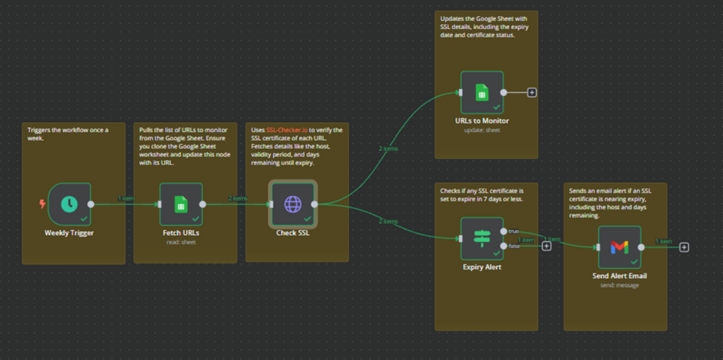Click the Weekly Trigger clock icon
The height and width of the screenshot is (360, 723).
tap(69, 204)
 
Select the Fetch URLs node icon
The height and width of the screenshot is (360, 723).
tap(181, 204)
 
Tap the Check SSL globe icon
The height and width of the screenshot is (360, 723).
tap(292, 204)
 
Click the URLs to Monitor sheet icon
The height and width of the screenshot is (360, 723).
tap(482, 92)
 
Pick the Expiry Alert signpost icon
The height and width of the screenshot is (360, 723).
tap(482, 238)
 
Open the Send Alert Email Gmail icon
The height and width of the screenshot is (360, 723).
tap(619, 246)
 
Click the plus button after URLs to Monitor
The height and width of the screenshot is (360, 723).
tap(532, 92)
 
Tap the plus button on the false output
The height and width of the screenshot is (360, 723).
tap(546, 246)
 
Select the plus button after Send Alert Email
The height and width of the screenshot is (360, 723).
tap(684, 247)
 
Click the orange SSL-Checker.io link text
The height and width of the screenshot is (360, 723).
tap(287, 130)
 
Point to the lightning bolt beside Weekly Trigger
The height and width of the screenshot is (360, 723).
tap(42, 205)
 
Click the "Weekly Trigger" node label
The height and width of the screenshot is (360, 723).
tap(69, 232)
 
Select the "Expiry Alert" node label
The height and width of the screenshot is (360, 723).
tap(482, 267)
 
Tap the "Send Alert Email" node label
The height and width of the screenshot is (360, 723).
tap(619, 275)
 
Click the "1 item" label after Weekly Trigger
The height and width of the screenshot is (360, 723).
tap(126, 198)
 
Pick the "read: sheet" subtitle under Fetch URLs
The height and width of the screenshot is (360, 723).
tap(181, 241)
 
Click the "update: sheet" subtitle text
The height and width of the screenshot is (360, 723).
tap(482, 130)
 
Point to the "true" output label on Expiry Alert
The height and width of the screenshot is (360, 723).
tap(513, 231)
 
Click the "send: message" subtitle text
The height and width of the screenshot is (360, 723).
tap(619, 284)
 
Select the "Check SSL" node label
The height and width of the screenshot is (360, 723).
tap(292, 232)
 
